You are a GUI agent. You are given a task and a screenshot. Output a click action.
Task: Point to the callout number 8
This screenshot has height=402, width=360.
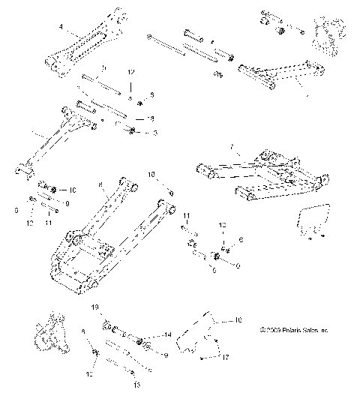coord(100,184)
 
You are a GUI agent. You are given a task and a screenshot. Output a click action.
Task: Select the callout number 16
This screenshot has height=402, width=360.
coord(238,320)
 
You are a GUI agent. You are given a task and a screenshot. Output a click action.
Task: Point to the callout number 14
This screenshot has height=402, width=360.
coord(169,334)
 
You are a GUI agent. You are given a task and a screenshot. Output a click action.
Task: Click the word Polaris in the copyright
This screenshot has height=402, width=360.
coord(288,330)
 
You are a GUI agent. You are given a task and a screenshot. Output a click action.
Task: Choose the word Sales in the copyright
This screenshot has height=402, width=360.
coord(308,330)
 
